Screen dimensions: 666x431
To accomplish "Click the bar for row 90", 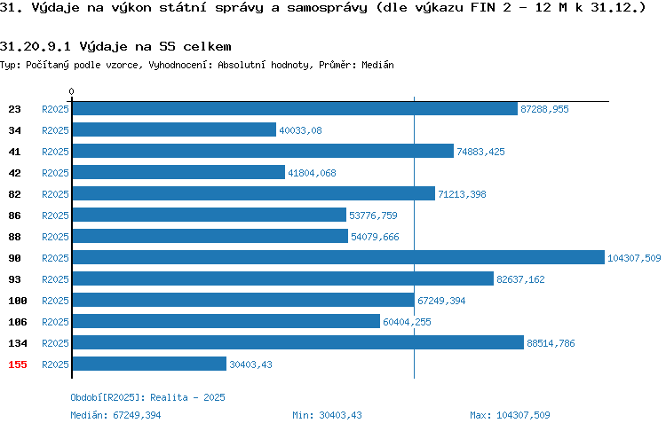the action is coord(338,257).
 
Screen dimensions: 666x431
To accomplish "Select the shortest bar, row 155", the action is coord(149,364).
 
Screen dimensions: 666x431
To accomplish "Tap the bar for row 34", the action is coord(174,129).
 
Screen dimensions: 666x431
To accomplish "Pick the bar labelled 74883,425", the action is coord(263,151).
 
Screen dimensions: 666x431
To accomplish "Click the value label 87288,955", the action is coord(544,109).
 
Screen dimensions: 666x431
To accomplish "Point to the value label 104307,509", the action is coord(634,258).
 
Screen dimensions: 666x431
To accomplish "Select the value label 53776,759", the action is coord(373,215).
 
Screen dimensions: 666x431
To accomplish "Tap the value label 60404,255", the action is coord(407,322).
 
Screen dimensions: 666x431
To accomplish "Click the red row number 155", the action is coord(18,364).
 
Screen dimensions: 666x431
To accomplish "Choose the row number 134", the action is coord(18,343).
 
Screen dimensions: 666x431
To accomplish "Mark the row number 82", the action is coord(14,194).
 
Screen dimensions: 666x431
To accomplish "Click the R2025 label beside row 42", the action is coord(55,173).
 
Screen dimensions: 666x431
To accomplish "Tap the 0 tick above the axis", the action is coord(71,91).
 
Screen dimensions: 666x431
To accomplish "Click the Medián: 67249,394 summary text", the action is coord(115,415).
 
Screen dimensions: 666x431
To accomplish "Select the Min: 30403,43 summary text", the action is coord(327,415).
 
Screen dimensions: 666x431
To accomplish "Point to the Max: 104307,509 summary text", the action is coord(510,415).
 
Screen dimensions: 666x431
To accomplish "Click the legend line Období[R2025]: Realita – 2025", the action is coord(147,397).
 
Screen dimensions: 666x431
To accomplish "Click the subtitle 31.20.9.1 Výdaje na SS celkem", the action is coord(115,46).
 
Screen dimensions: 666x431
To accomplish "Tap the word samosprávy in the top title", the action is coord(327,8).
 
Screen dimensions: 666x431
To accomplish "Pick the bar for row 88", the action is coord(210,236).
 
